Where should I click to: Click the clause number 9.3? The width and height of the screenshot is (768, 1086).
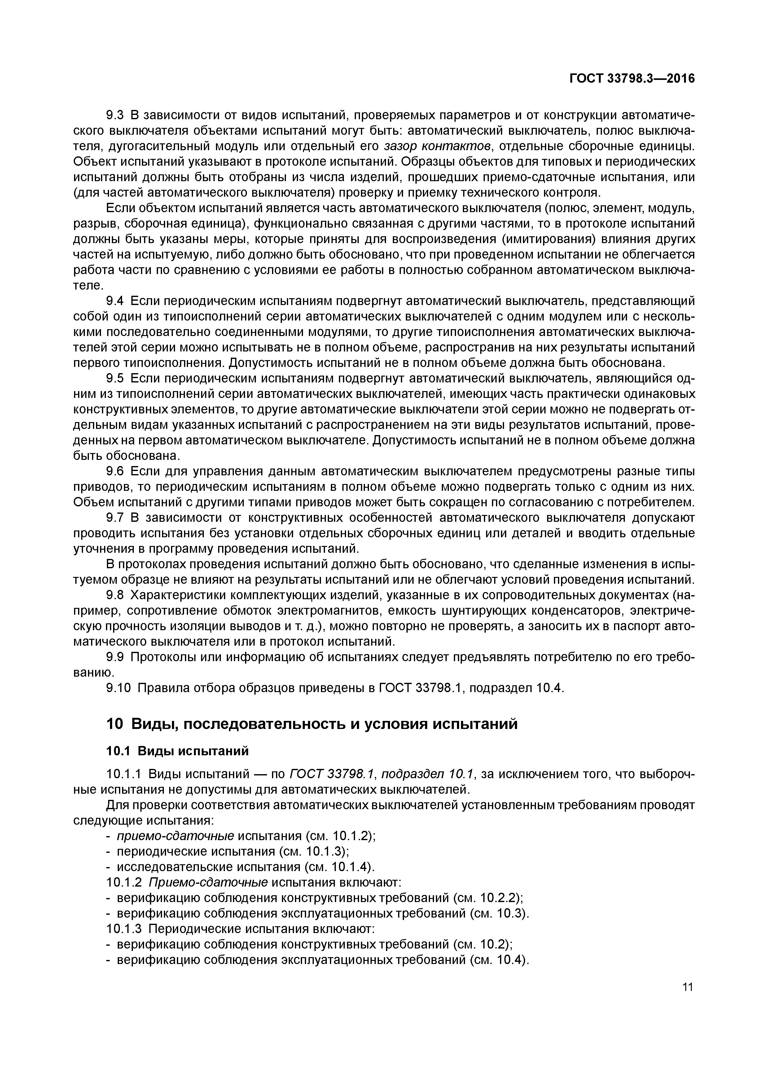pos(115,115)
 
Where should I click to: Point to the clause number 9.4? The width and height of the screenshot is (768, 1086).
pos(115,301)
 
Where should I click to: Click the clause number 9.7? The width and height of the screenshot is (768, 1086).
pos(115,518)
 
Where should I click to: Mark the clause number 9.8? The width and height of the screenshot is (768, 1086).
pos(115,595)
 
